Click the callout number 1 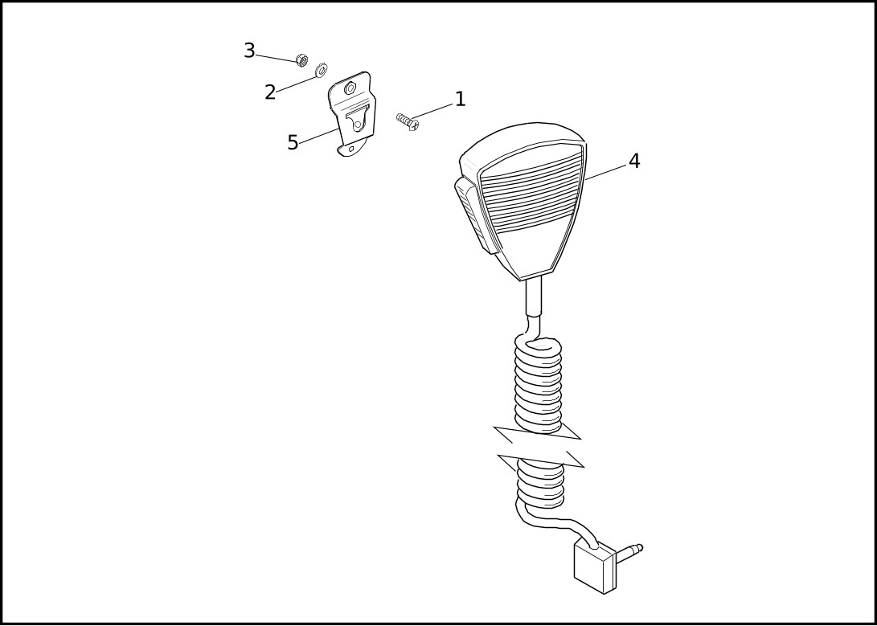[x=460, y=99]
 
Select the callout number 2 [x=270, y=92]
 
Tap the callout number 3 [x=249, y=51]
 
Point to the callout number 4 [x=633, y=161]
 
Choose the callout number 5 [x=293, y=143]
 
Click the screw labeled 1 [x=408, y=121]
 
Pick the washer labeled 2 [x=321, y=71]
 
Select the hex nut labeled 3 [x=301, y=59]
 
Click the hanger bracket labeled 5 [x=352, y=114]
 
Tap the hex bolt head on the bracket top [x=350, y=88]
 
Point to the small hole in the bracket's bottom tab [x=351, y=149]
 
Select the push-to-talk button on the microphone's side [x=474, y=215]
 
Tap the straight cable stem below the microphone [x=534, y=298]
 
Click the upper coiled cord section [x=538, y=385]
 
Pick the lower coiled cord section [x=540, y=484]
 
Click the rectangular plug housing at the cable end [x=595, y=567]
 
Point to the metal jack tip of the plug [x=629, y=551]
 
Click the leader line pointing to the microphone [x=605, y=172]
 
